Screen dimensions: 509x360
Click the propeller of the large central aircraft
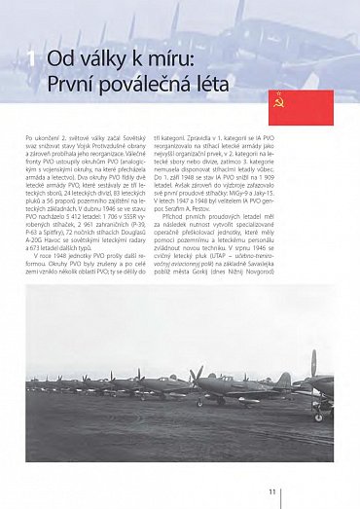(x=199, y=375)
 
